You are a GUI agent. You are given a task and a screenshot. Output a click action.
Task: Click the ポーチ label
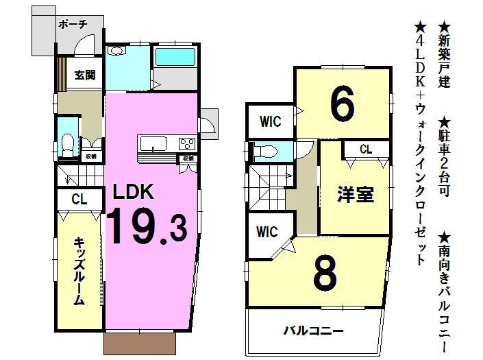tap(72, 24)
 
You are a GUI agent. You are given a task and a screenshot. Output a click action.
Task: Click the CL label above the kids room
tap(79, 200)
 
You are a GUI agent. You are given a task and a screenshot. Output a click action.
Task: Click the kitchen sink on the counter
tap(153, 143)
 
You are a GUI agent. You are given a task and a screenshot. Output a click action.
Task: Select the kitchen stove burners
tap(186, 143)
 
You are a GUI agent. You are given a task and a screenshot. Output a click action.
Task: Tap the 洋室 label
tap(355, 195)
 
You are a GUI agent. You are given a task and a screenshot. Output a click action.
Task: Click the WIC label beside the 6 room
tap(269, 122)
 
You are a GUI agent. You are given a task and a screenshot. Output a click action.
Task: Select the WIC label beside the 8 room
tap(268, 232)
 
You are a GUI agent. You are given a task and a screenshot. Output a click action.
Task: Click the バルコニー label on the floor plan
tap(313, 331)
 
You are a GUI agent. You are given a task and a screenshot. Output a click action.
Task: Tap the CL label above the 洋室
tap(365, 149)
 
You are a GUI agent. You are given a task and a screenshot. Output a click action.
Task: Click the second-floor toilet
tap(269, 150)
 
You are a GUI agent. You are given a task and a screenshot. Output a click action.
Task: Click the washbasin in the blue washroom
tap(116, 50)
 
